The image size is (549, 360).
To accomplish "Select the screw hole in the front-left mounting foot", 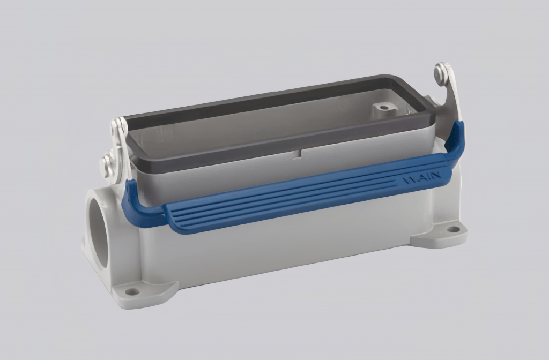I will (x=131, y=292).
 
